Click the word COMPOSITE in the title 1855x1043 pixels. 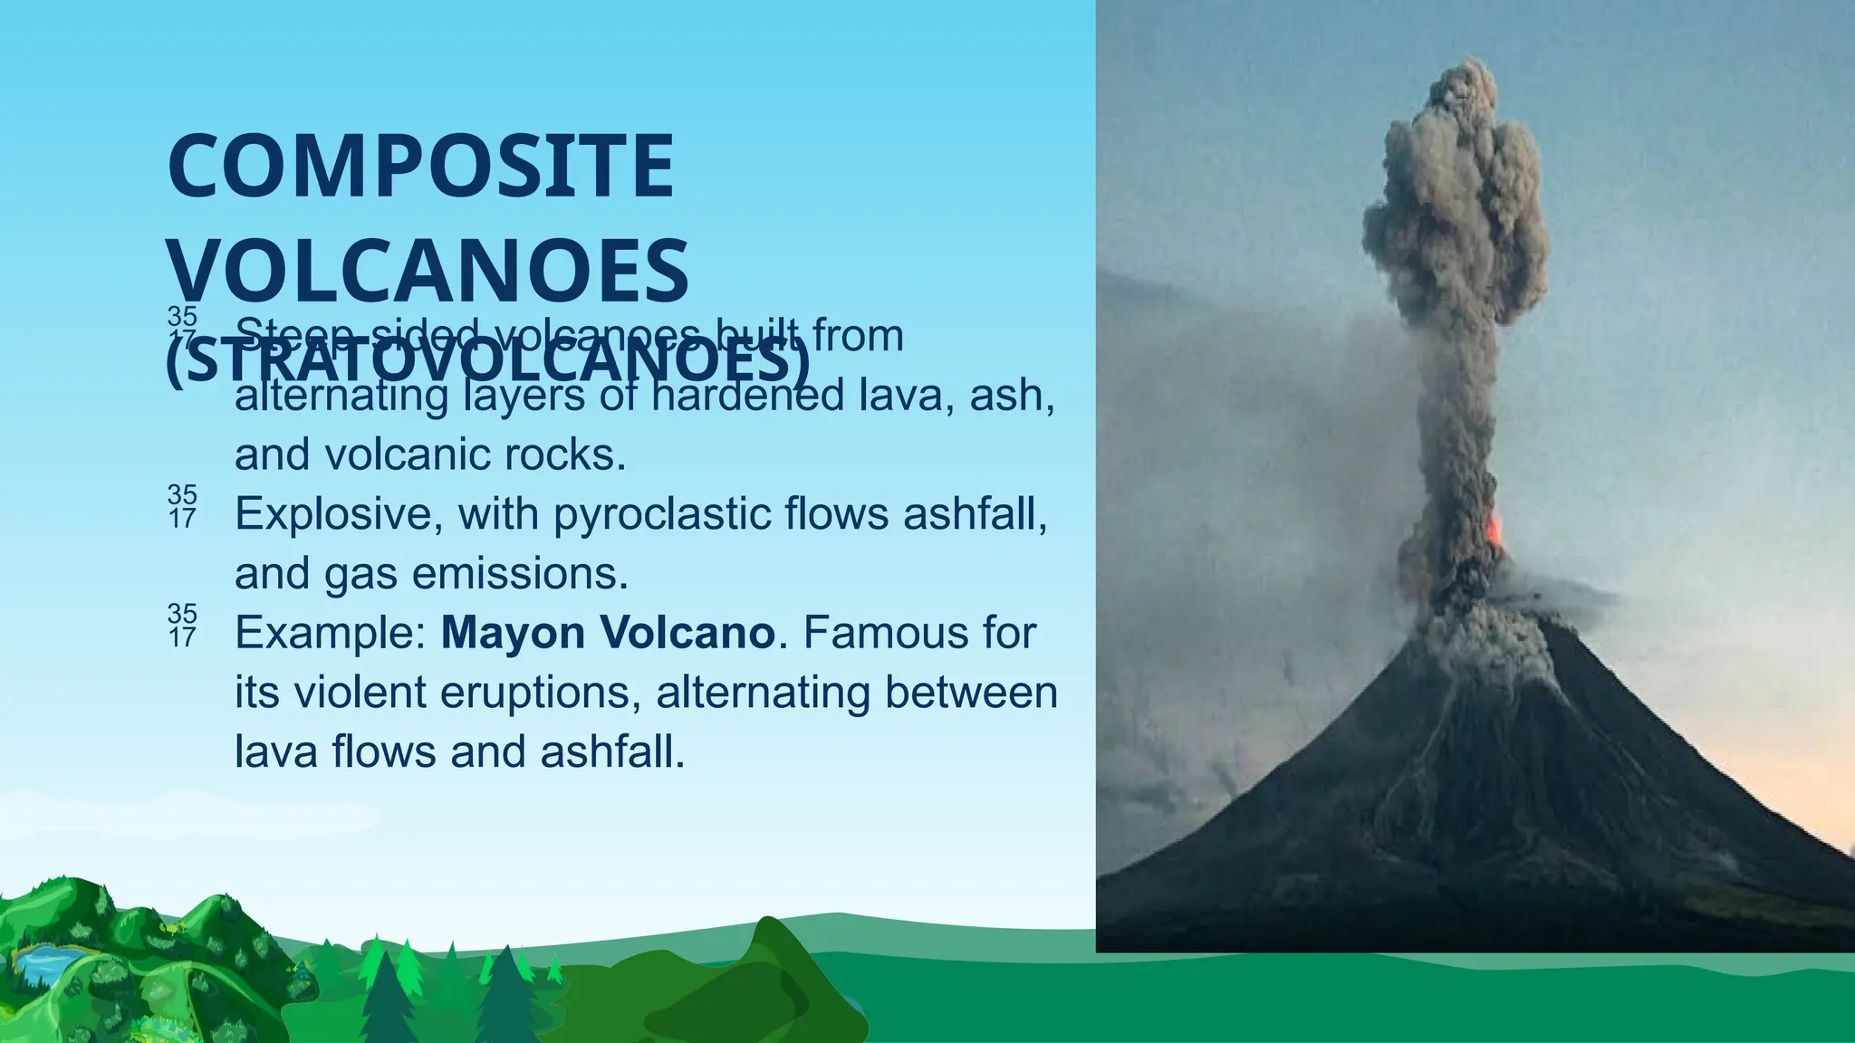(421, 167)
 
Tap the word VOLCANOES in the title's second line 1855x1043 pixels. (428, 272)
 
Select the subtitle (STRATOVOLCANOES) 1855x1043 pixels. (487, 362)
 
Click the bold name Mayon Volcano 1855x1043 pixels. (608, 633)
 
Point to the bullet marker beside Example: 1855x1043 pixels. (182, 626)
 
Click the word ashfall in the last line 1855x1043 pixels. (611, 752)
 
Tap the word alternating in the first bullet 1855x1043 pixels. (341, 396)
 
